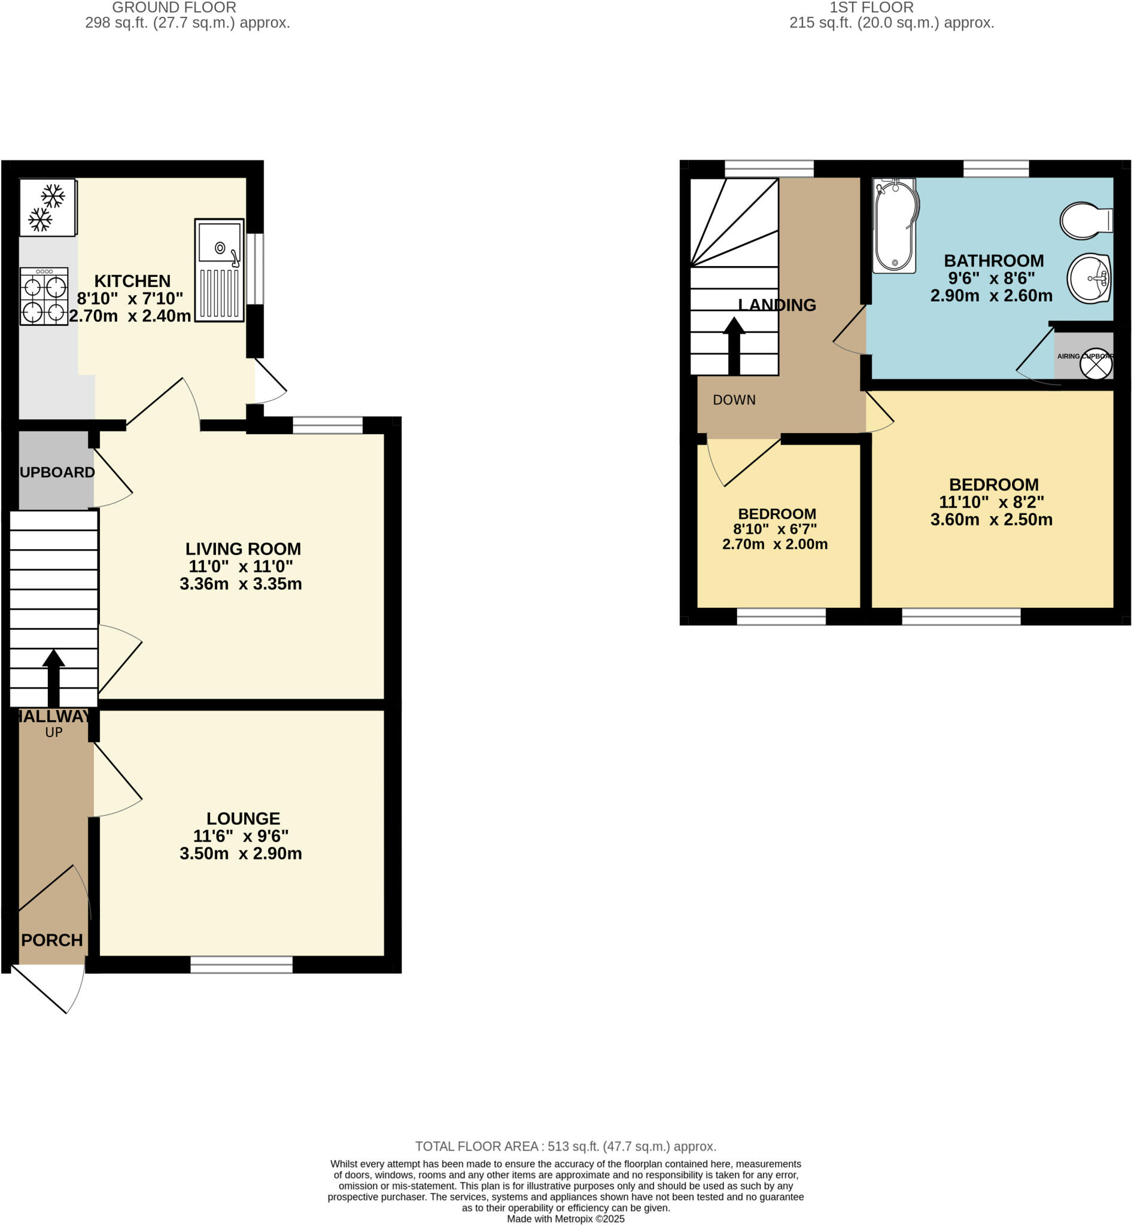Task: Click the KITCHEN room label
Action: pos(132,281)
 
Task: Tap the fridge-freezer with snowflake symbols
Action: pos(47,208)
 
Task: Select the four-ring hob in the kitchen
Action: pos(44,296)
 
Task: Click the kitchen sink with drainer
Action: pos(219,270)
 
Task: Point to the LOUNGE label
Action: pos(243,818)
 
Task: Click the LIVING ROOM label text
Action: pos(243,548)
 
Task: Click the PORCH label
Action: pos(51,940)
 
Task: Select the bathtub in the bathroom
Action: pos(895,226)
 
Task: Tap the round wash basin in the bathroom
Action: pos(1089,279)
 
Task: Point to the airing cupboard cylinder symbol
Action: pos(1095,365)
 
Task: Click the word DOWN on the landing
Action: pos(734,400)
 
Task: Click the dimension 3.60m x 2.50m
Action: pos(991,520)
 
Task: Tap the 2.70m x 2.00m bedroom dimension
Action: pos(774,544)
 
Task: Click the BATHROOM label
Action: pos(993,261)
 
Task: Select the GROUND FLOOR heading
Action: pos(174,8)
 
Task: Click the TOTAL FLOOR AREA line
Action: pos(565,1146)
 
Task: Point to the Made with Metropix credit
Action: pos(565,1218)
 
